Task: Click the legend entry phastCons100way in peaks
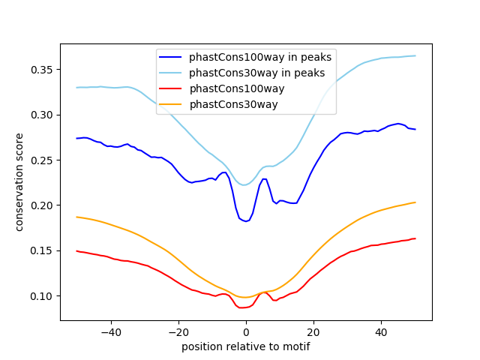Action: point(260,57)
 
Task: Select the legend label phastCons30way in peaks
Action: point(256,73)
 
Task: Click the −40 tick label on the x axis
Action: point(110,331)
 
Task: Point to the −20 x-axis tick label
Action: point(178,331)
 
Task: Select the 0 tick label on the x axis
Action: point(246,331)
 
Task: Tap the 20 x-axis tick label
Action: point(313,331)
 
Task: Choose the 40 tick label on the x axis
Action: point(381,331)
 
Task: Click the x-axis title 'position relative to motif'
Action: point(245,346)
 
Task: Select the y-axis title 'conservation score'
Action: point(19,181)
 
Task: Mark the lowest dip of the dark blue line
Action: point(247,221)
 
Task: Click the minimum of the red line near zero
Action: point(242,307)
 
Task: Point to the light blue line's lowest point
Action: point(245,184)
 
